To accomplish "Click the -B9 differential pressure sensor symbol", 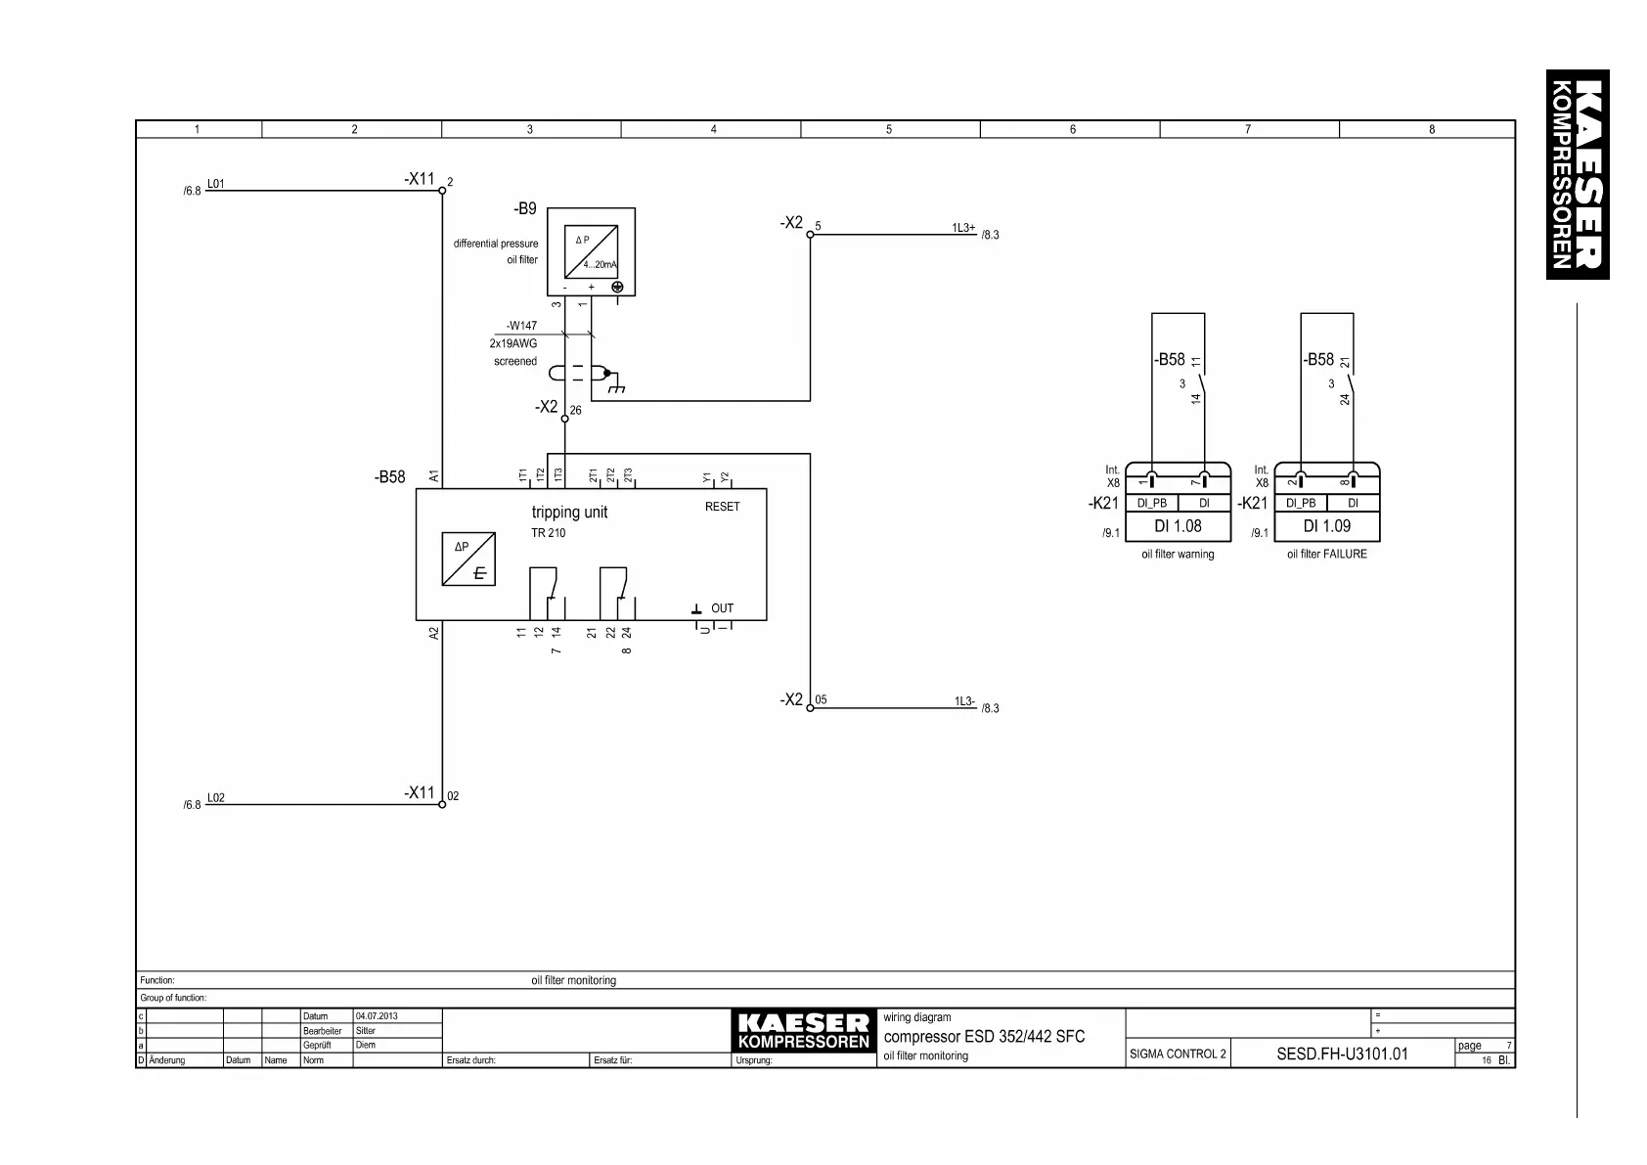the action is pyautogui.click(x=591, y=251).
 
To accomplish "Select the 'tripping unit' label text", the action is pyautogui.click(x=569, y=512).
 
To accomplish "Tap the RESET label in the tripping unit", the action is pyautogui.click(x=722, y=507).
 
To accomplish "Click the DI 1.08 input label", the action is pyautogui.click(x=1178, y=526).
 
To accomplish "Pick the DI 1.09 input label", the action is pyautogui.click(x=1326, y=526).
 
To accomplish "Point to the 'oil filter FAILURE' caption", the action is pyautogui.click(x=1326, y=554).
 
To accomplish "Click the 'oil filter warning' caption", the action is pyautogui.click(x=1178, y=554).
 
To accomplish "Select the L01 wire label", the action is pyautogui.click(x=215, y=183).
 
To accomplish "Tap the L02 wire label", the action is pyautogui.click(x=215, y=797).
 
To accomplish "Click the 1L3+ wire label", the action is pyautogui.click(x=963, y=227).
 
